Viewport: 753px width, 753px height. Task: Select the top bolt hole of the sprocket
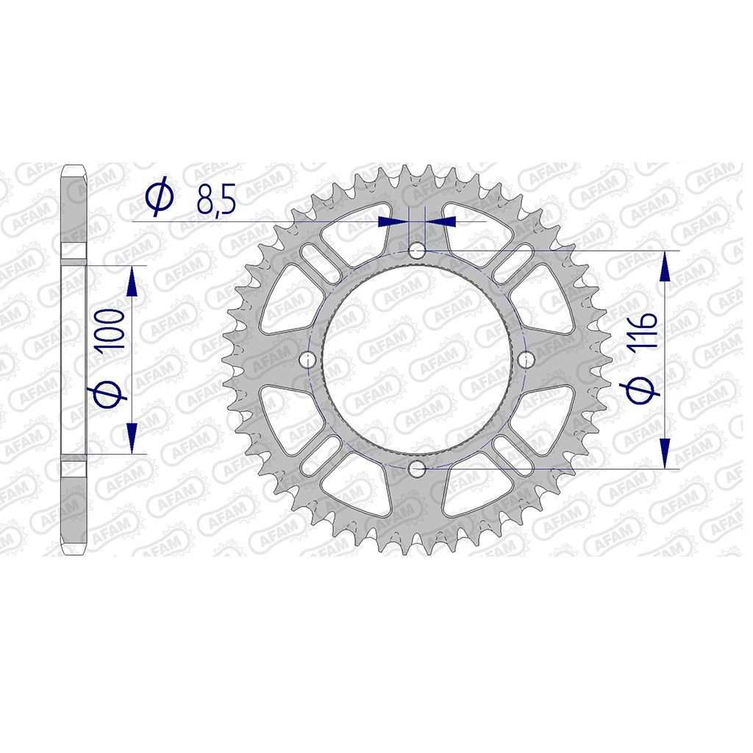[x=417, y=250]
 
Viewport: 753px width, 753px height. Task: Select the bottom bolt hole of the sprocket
[x=417, y=468]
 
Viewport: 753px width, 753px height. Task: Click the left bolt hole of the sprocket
[x=307, y=359]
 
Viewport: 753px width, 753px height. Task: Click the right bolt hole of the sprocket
[x=527, y=359]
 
